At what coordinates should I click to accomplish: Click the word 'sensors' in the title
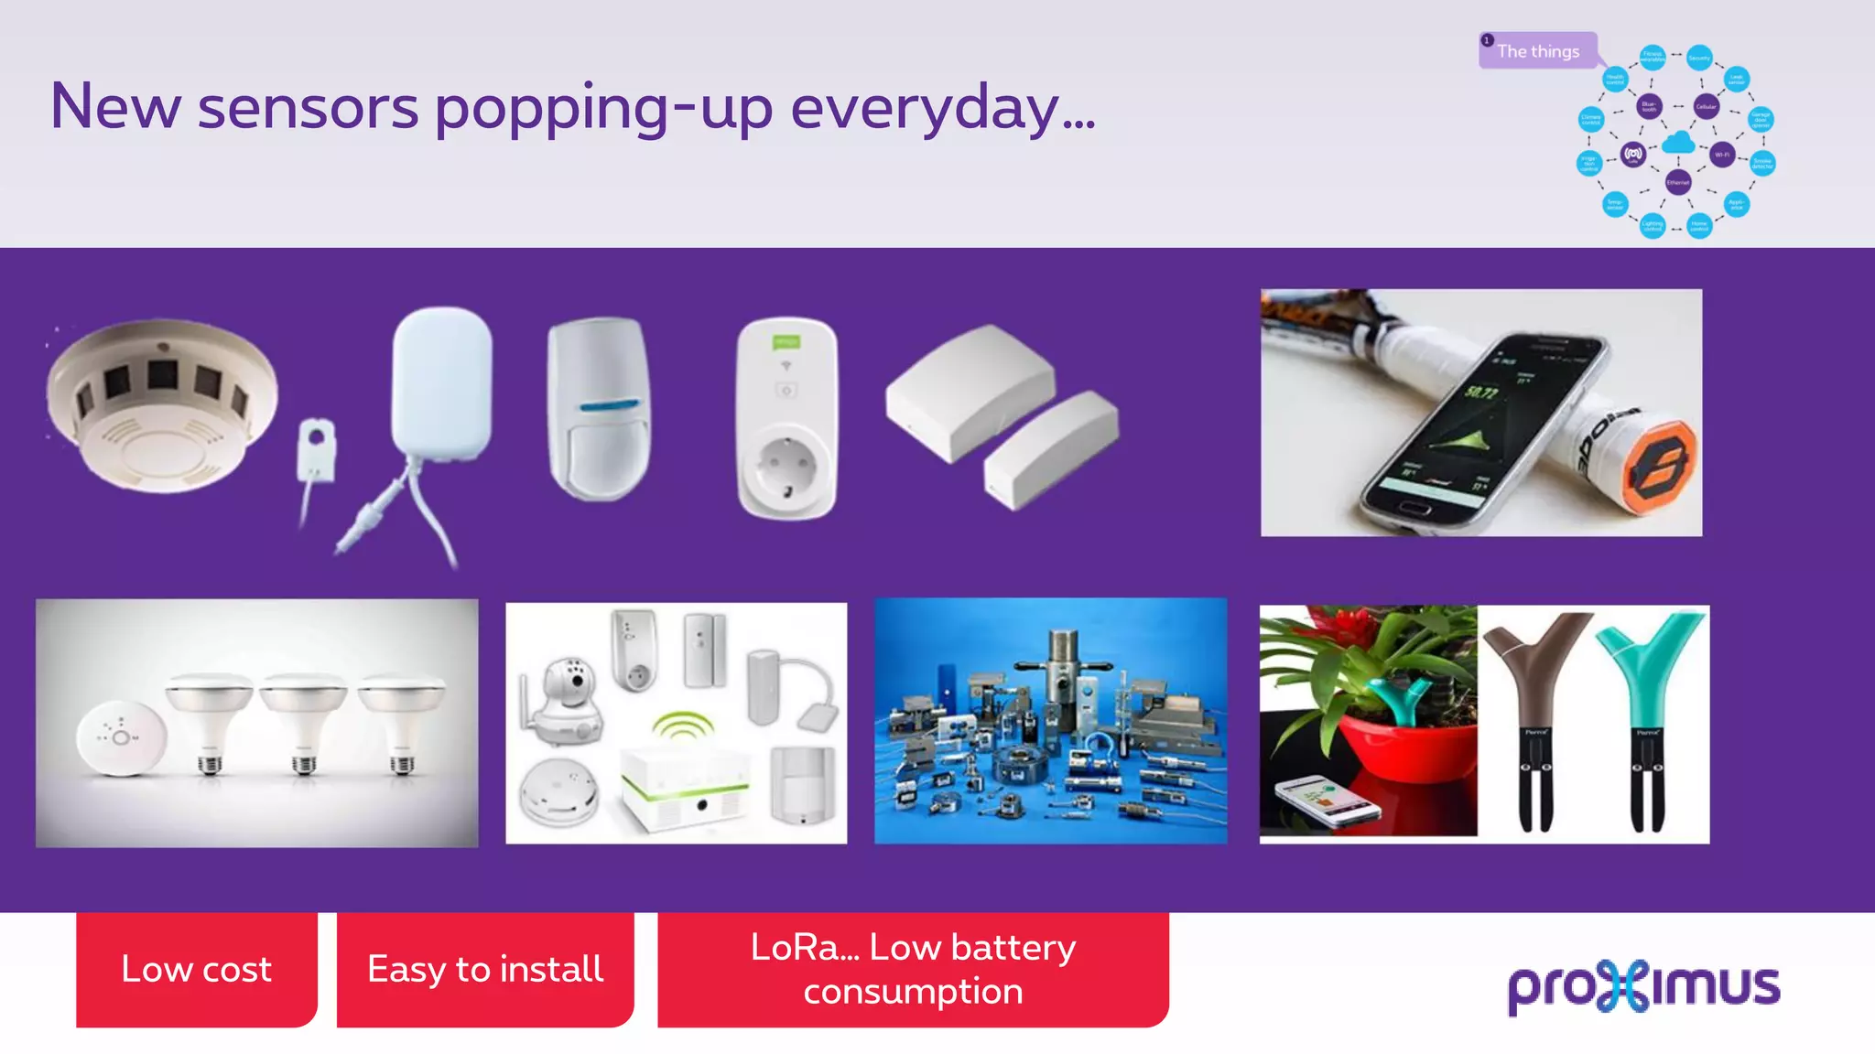tap(308, 108)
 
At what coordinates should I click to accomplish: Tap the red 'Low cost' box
tap(196, 969)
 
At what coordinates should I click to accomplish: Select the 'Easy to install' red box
tap(484, 969)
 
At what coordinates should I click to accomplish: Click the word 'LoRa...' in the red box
tap(804, 948)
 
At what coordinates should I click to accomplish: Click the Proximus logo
tap(1643, 985)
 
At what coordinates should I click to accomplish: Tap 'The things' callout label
tap(1538, 51)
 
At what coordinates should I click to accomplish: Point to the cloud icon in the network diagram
tap(1678, 142)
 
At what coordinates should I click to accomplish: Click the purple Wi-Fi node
tap(1722, 155)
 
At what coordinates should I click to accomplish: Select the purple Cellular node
tap(1706, 106)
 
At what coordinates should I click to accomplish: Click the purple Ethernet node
tap(1678, 182)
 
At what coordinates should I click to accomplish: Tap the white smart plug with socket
tap(786, 417)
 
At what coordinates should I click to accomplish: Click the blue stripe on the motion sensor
tap(608, 405)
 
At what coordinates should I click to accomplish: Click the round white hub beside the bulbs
tap(121, 737)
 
